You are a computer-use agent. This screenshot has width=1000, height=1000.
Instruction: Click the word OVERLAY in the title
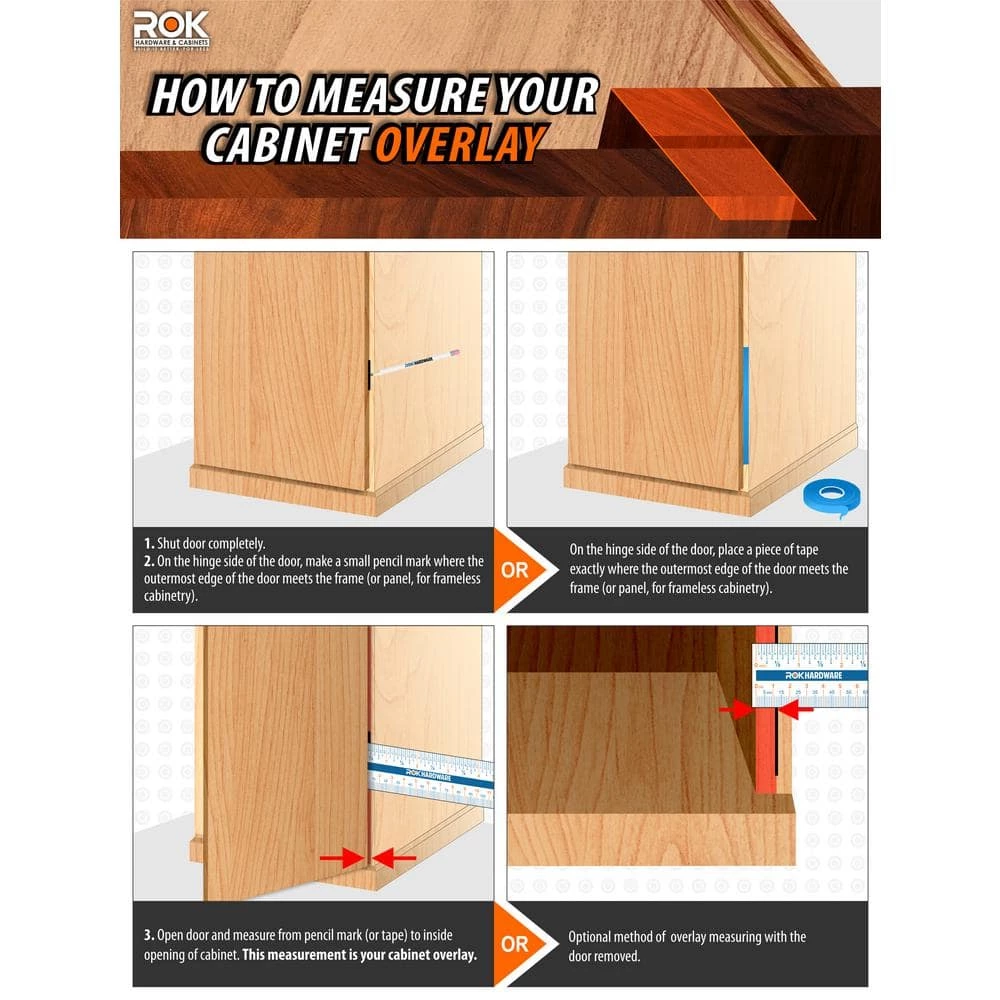[x=459, y=143]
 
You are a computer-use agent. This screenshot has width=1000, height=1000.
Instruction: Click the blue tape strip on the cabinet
[x=745, y=405]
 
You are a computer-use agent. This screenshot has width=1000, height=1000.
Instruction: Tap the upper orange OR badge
[x=517, y=572]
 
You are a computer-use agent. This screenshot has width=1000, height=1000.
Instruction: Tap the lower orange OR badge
[x=516, y=943]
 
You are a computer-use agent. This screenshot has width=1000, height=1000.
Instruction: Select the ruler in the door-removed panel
[x=810, y=675]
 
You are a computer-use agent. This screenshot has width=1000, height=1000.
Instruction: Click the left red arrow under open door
[x=340, y=858]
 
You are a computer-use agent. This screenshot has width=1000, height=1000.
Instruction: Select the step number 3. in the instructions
[x=148, y=936]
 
